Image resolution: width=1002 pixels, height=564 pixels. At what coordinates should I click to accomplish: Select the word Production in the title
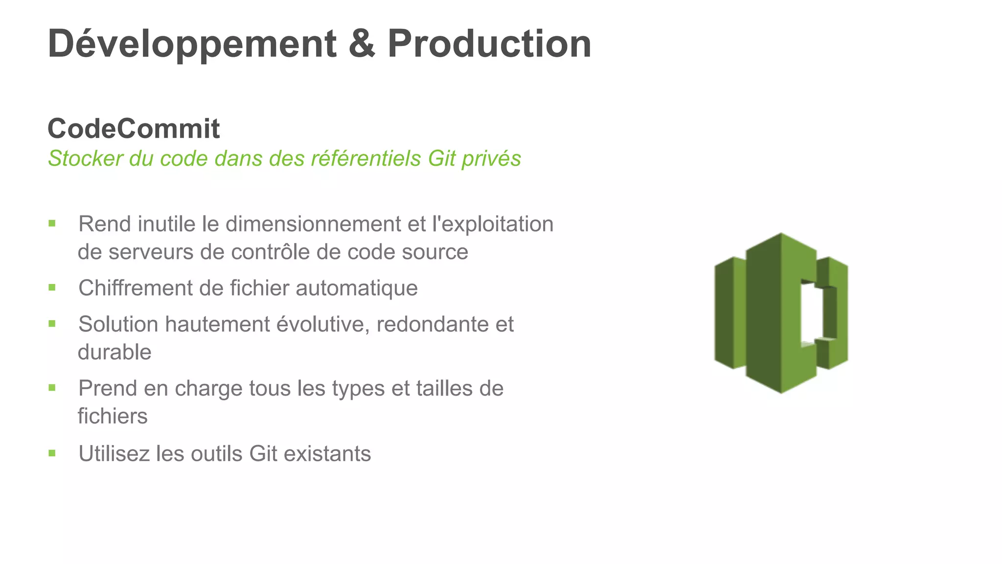tap(489, 44)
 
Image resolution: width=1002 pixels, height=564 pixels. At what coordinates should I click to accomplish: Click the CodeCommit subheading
tap(134, 129)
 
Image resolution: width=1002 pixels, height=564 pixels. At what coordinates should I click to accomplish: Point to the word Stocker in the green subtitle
tap(85, 159)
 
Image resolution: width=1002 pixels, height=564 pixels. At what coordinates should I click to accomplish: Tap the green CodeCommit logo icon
tap(781, 313)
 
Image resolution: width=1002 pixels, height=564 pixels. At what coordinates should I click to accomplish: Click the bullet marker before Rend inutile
tap(52, 224)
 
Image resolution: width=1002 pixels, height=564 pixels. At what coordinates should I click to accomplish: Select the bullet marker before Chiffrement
tap(52, 287)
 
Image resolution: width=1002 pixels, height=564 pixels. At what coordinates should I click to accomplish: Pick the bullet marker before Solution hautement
tap(52, 324)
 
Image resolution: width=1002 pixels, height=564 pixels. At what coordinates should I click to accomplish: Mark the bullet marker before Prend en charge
tap(52, 388)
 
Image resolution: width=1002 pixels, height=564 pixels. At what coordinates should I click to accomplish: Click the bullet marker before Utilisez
tap(52, 453)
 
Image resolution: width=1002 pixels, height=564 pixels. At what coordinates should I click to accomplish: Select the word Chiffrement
tap(136, 288)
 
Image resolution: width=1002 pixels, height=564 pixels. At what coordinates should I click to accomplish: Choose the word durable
tap(114, 352)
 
